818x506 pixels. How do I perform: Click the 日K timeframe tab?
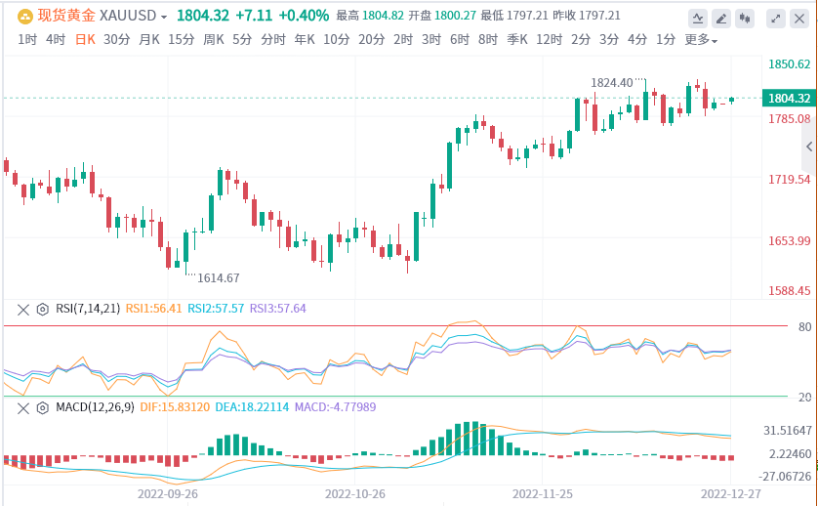tap(86, 39)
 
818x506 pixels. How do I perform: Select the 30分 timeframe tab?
tap(116, 39)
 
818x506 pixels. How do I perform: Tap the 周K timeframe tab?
tap(213, 39)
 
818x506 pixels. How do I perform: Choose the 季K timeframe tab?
tap(517, 39)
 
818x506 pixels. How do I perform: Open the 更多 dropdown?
tap(700, 40)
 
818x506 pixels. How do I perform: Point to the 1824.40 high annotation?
tap(612, 83)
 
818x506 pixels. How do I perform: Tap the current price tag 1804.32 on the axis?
tap(790, 98)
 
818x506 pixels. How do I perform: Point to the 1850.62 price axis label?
tap(790, 63)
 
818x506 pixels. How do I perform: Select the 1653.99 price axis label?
tap(790, 241)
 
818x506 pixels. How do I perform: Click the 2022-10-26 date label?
tap(355, 493)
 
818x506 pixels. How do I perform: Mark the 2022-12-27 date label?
tap(731, 493)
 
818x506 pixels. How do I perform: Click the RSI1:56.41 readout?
tap(153, 309)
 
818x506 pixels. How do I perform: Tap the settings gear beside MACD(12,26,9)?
tap(42, 406)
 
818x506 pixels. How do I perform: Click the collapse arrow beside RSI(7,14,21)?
tap(23, 309)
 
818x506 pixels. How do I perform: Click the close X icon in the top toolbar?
tap(799, 18)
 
